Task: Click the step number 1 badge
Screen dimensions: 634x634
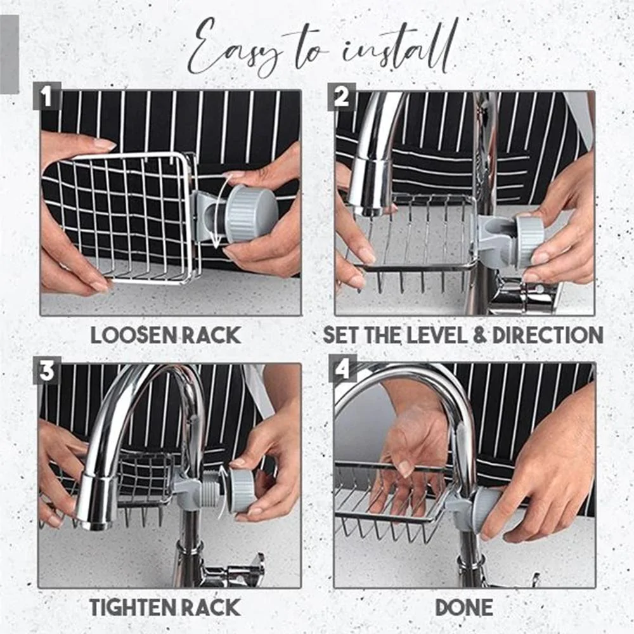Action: [47, 96]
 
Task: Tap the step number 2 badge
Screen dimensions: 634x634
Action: [342, 96]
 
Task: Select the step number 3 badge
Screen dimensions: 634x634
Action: [48, 370]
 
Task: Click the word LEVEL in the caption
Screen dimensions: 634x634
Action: [438, 335]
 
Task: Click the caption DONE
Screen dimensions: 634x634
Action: [464, 608]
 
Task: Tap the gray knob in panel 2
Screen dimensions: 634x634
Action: [527, 242]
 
